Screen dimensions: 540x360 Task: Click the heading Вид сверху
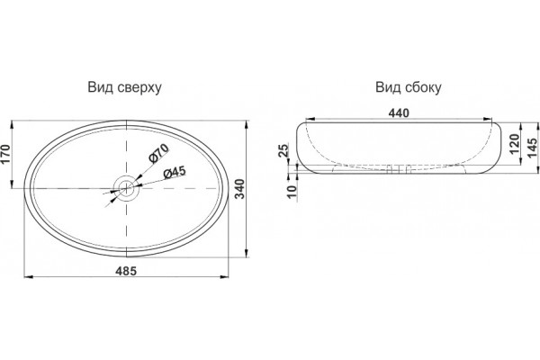[x=124, y=87]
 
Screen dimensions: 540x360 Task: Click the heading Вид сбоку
[x=408, y=87]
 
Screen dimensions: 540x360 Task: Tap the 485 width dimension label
[x=126, y=271]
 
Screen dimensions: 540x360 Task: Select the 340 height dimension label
[x=239, y=188]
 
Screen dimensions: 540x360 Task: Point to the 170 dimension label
[x=5, y=154]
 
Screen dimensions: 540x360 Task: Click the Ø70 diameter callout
[x=158, y=153]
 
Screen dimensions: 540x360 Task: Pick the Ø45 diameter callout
[x=175, y=172]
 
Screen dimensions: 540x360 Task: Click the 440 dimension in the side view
[x=399, y=113]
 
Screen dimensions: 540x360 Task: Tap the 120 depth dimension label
[x=514, y=144]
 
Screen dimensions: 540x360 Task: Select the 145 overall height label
[x=533, y=148]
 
